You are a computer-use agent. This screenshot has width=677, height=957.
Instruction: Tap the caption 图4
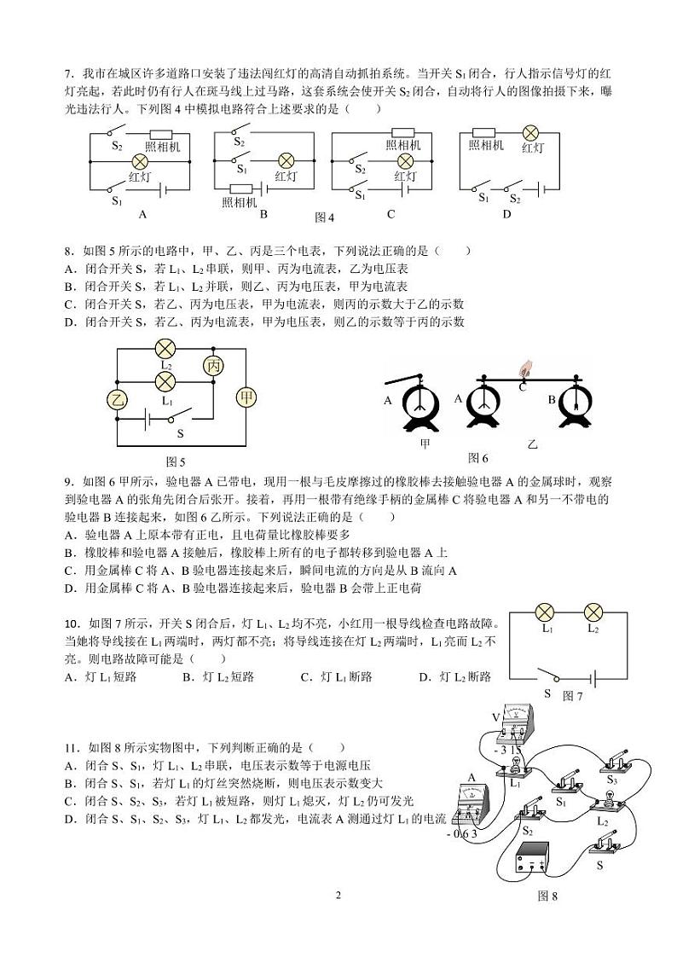coord(324,217)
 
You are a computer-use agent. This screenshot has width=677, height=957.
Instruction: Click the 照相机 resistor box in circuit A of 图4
coord(162,135)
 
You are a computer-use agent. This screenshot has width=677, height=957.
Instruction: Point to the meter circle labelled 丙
coord(212,365)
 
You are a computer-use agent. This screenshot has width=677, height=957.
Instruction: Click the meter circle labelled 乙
coord(116,398)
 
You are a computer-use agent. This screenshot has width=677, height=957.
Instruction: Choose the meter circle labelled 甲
coord(246,397)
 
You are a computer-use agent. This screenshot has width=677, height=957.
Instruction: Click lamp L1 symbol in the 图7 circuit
coord(546,612)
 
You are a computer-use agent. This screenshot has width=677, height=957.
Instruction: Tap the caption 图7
coord(573,696)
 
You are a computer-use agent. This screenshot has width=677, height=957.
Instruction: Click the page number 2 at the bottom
coord(338,895)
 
